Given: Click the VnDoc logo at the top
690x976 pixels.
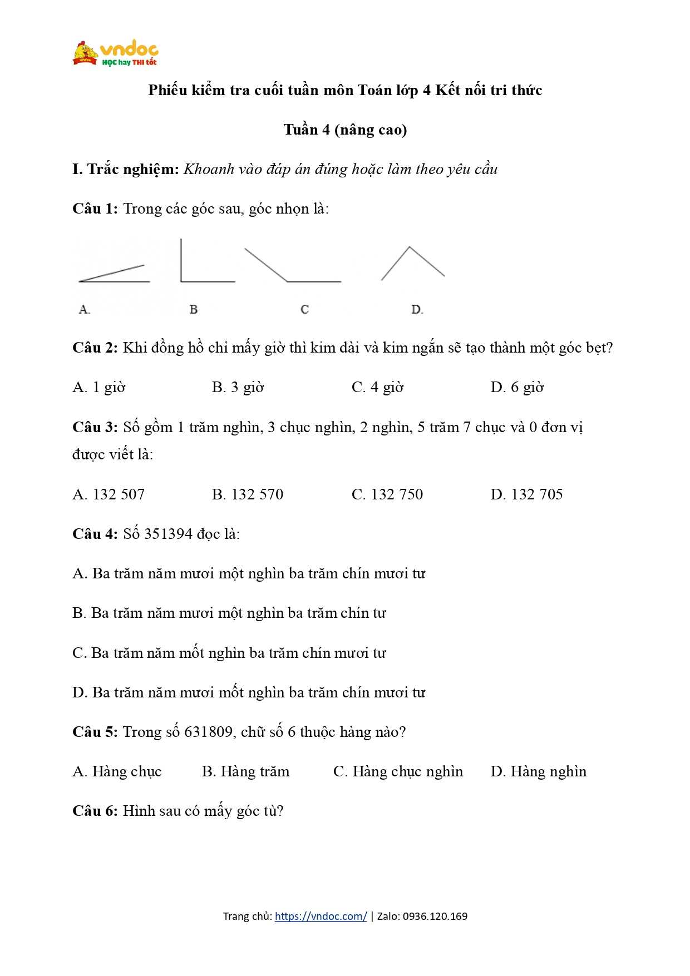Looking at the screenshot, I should (115, 53).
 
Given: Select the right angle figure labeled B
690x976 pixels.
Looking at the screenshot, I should (206, 261).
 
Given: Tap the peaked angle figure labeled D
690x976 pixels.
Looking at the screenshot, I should (412, 263).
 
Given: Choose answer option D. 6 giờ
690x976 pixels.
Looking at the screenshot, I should (517, 387).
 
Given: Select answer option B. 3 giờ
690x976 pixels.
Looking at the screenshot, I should (238, 387).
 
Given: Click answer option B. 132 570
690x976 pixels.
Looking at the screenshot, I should (248, 494).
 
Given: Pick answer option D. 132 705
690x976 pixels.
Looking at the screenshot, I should (526, 494).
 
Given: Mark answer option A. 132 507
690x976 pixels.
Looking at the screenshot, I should (109, 494).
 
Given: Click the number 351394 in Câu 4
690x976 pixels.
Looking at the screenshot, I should (170, 534).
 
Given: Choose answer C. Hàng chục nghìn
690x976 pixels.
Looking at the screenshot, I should (398, 771).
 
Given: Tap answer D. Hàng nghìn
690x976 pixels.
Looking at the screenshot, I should (538, 771).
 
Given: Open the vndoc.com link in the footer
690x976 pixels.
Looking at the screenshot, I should (321, 916).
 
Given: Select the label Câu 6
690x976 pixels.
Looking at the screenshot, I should (95, 811).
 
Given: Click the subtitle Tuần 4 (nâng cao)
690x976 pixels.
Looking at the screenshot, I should (345, 130).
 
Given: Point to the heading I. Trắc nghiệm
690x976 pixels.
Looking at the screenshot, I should (126, 169).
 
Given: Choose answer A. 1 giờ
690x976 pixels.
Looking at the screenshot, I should (99, 387).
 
